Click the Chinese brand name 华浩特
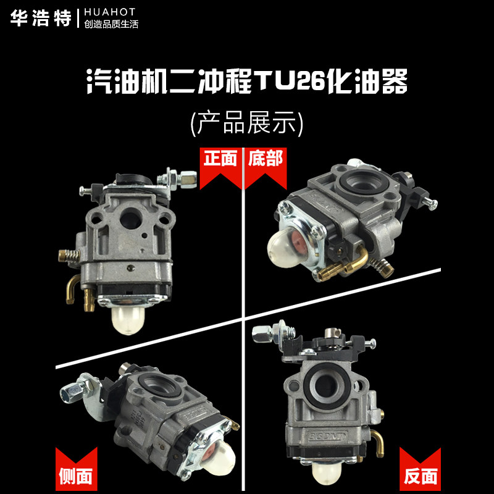point(41,18)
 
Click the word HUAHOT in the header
point(110,12)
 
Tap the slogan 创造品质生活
point(111,24)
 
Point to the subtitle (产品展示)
point(246,123)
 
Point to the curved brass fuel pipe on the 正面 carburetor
point(72,288)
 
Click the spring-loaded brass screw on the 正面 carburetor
point(69,255)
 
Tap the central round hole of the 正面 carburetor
point(131,218)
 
